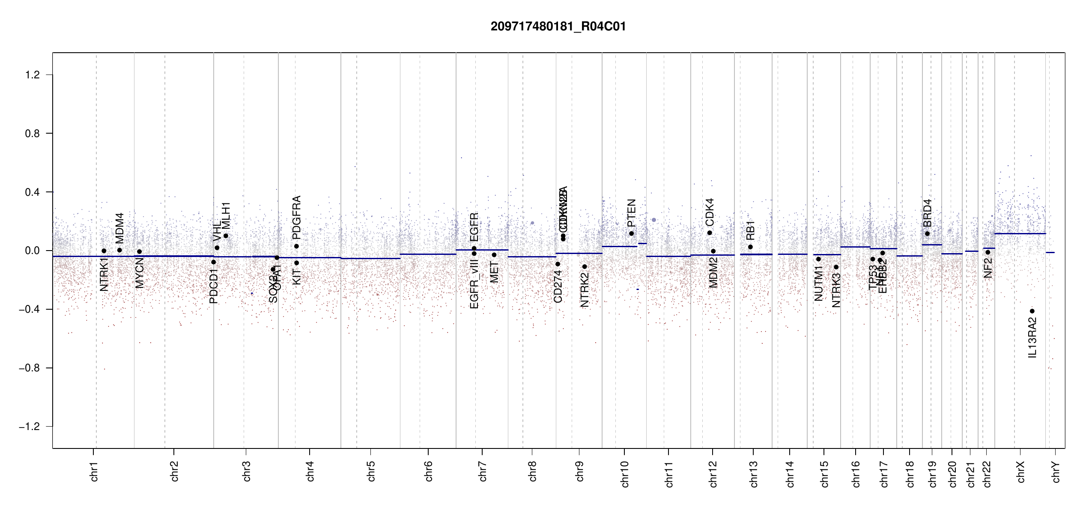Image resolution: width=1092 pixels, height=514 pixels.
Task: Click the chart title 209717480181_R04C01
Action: click(x=558, y=27)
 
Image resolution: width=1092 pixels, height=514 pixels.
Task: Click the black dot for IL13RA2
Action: click(x=1032, y=311)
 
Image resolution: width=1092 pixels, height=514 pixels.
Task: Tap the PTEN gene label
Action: click(x=631, y=213)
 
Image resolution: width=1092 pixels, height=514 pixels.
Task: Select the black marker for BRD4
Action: click(x=927, y=233)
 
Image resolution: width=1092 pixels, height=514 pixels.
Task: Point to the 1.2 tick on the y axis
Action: click(x=32, y=75)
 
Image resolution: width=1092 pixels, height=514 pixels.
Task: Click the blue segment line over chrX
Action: click(x=1020, y=233)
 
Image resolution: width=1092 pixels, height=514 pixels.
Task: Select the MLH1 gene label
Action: click(x=226, y=215)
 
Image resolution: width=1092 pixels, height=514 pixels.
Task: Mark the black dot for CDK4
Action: click(x=710, y=233)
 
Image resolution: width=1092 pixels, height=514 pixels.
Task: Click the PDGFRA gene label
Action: click(x=296, y=218)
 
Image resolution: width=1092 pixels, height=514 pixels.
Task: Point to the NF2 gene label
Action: click(x=988, y=267)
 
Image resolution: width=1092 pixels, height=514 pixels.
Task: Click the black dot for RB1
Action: click(x=750, y=247)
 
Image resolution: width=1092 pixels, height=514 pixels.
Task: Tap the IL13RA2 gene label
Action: click(x=1032, y=338)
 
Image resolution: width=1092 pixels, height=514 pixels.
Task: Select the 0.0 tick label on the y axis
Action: click(x=32, y=251)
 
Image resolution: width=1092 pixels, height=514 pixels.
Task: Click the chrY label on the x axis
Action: click(x=1056, y=472)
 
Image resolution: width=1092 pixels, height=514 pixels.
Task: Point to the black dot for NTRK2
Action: click(x=585, y=266)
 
